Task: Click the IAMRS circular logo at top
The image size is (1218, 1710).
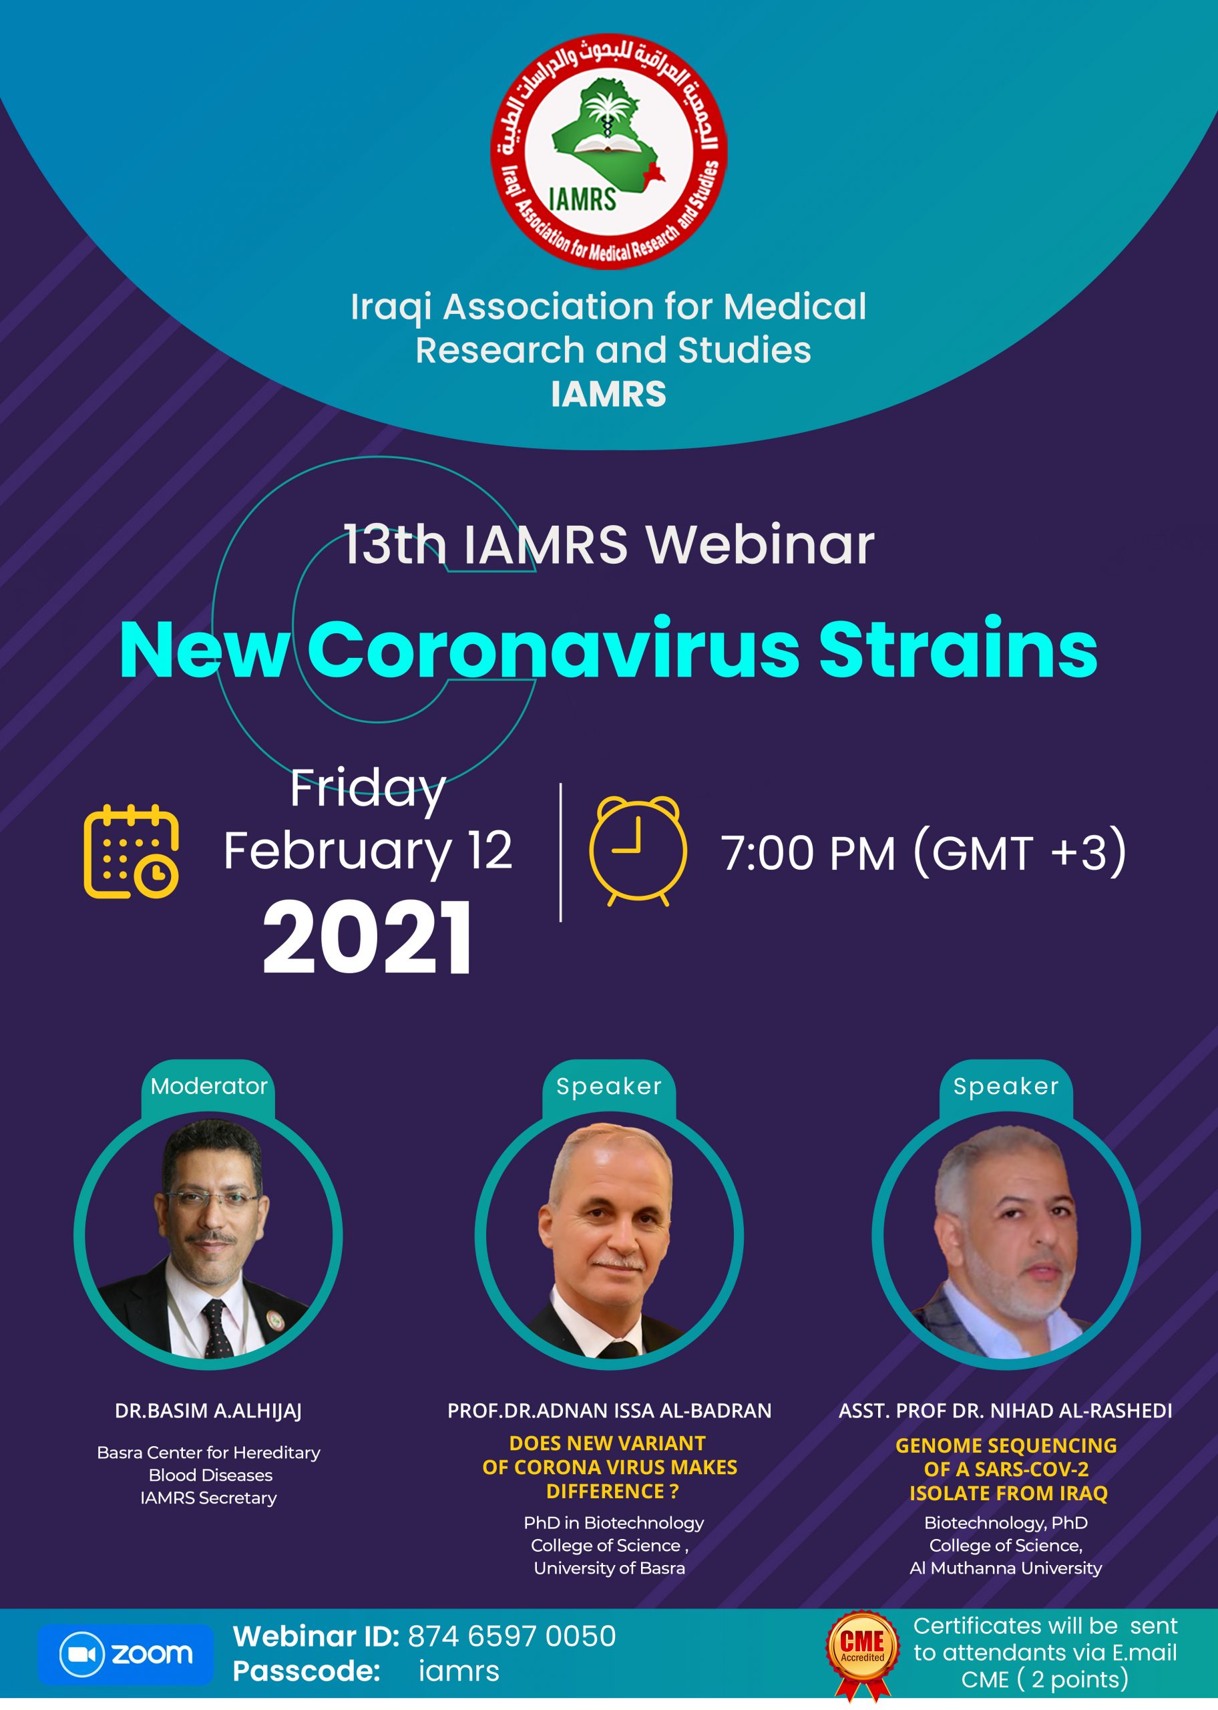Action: (608, 151)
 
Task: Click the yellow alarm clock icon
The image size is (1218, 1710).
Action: (638, 850)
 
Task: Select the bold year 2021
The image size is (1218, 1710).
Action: (367, 938)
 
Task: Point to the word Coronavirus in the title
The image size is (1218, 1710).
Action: (554, 649)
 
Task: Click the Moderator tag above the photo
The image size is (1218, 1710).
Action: (208, 1086)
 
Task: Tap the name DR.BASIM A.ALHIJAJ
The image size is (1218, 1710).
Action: (208, 1411)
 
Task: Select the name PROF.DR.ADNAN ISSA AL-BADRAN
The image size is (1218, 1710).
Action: (609, 1411)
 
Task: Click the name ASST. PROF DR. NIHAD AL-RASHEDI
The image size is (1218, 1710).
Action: (1005, 1411)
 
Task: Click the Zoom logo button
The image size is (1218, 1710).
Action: (126, 1654)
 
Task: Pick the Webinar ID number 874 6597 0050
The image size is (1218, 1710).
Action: (512, 1636)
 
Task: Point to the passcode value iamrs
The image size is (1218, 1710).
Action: (458, 1671)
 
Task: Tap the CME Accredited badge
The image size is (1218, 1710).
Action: (863, 1654)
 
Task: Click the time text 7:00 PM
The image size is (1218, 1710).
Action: (809, 853)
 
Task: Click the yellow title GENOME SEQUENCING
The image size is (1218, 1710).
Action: (1006, 1445)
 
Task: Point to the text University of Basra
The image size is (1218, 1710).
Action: (609, 1568)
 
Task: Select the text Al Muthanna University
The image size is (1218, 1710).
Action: (1005, 1568)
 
